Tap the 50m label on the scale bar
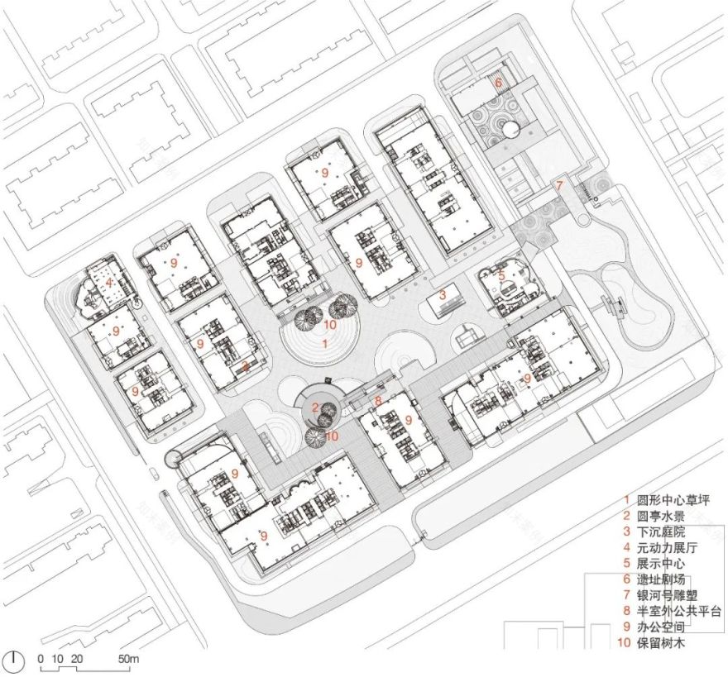coord(128,659)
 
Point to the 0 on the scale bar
coord(40,659)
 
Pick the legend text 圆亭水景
coord(667,516)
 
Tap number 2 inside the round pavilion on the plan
coord(315,405)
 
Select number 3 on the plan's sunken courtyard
coord(443,293)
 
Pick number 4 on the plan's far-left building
coord(108,282)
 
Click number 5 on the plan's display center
coord(500,275)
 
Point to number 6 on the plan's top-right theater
coord(498,83)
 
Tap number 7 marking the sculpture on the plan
coord(559,185)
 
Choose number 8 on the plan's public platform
coord(378,402)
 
